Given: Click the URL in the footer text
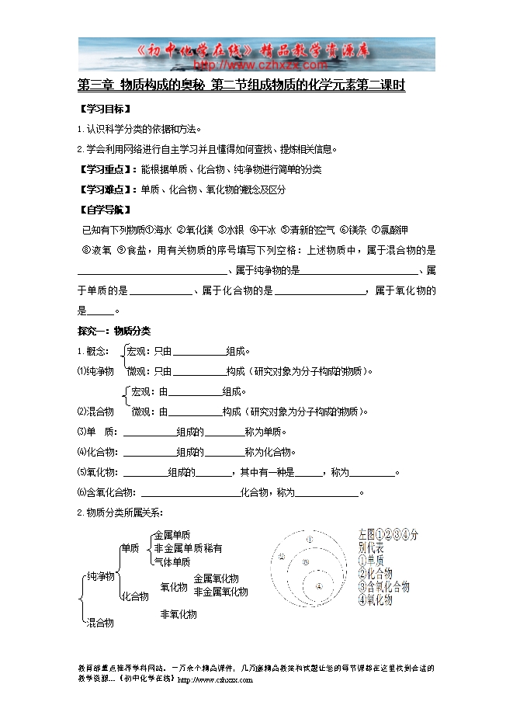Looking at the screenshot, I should pos(215,679).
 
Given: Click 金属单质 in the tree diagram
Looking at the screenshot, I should pos(172,535).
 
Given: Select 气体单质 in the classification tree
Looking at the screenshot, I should pos(172,561).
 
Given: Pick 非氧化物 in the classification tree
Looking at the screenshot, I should pos(178,614).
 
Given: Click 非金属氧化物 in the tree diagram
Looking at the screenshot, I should pos(220,592).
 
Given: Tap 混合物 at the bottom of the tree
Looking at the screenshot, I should pos(100,622).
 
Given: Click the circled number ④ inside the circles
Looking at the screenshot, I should pos(319,587).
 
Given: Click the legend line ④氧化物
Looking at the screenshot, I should pos(376,599).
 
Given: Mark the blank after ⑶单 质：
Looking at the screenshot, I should pos(149,432).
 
